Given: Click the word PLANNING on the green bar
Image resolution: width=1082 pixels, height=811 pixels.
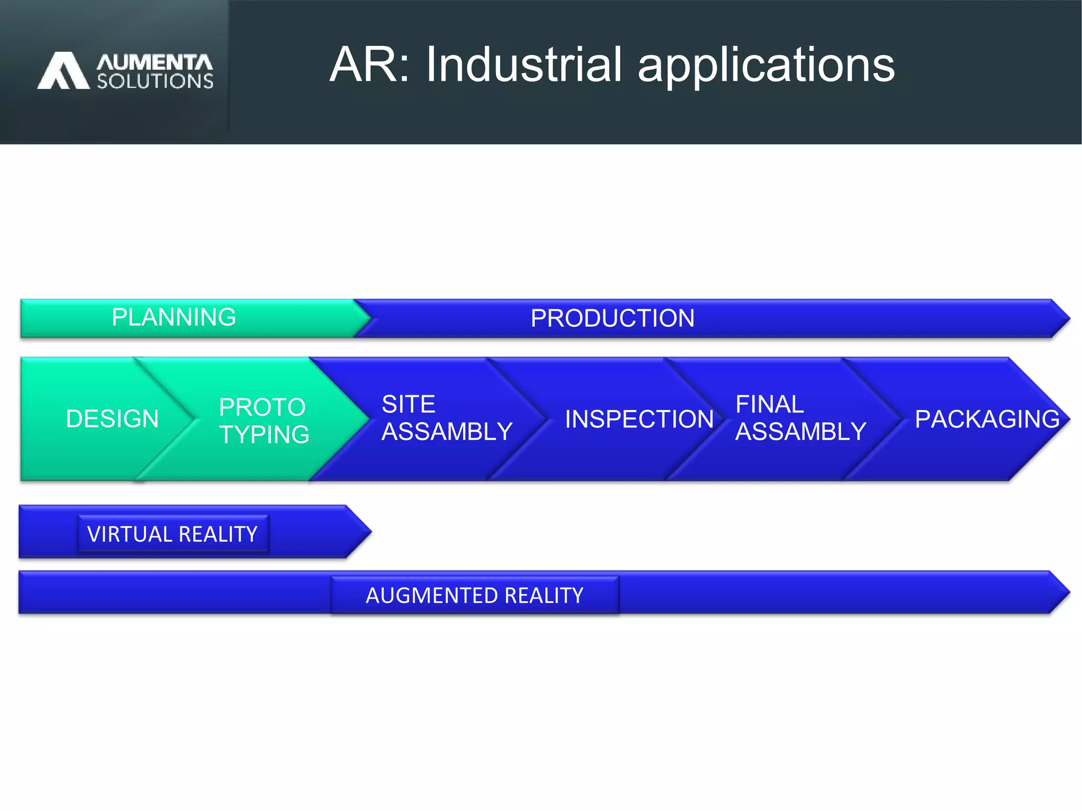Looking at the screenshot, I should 174,318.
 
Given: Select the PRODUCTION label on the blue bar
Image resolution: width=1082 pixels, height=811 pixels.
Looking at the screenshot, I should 612,318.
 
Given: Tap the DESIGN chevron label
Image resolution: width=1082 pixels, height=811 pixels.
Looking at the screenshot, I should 112,419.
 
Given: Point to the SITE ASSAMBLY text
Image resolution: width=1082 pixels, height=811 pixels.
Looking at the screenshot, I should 446,418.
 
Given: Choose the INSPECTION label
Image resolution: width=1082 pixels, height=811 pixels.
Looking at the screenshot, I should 639,419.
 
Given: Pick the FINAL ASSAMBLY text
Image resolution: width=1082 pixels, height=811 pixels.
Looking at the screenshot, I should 800,418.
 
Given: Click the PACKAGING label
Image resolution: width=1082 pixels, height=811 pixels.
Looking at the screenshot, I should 987,419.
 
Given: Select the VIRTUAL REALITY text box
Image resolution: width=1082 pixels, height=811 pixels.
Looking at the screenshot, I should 173,534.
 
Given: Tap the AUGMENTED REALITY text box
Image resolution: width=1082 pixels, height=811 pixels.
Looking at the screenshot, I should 474,595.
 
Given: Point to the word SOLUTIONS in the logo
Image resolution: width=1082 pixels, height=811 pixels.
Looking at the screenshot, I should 155,81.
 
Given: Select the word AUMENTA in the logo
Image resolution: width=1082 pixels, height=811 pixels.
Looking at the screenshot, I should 154,62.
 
